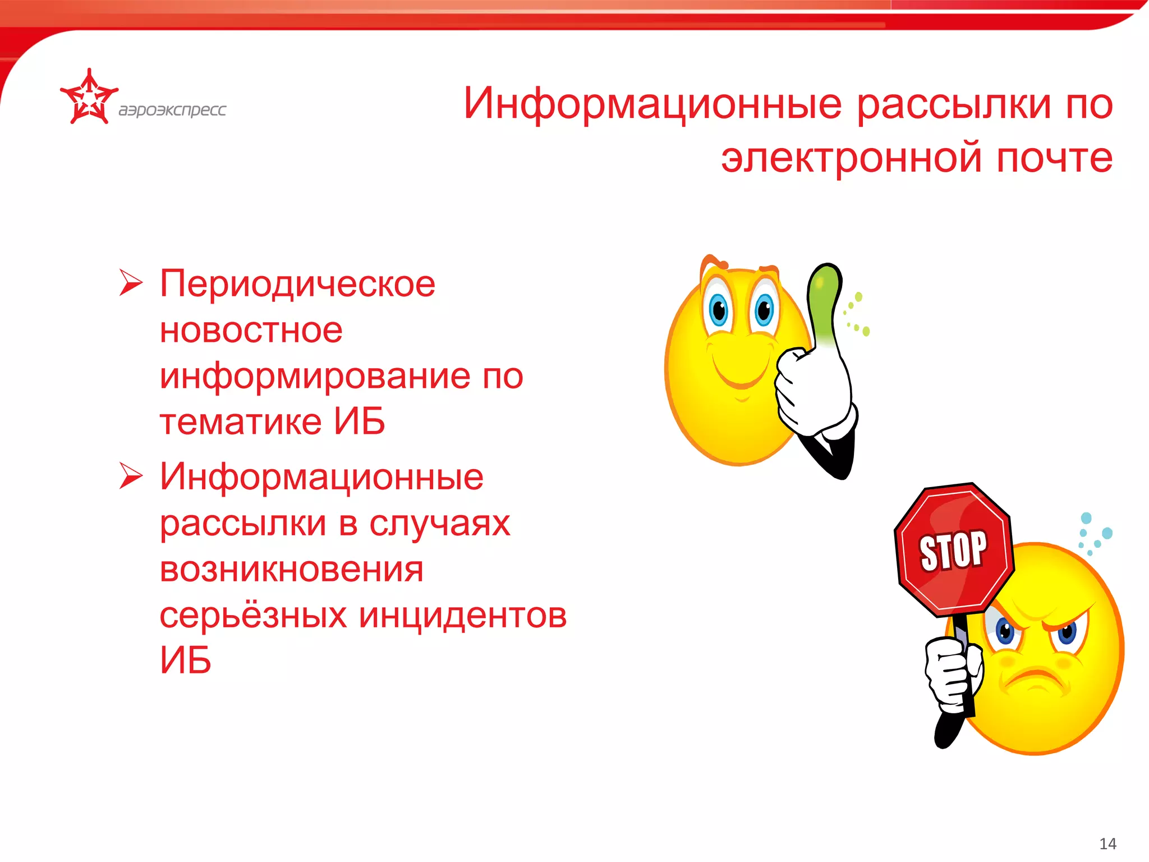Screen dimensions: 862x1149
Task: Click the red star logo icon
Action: click(x=89, y=98)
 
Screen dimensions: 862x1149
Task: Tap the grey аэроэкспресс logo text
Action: click(x=172, y=109)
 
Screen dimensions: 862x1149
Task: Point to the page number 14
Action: click(x=1107, y=843)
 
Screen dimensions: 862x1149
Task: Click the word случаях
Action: click(x=439, y=524)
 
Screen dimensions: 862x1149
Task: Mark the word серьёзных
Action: click(x=253, y=616)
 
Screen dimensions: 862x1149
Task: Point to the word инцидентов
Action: click(x=463, y=616)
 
